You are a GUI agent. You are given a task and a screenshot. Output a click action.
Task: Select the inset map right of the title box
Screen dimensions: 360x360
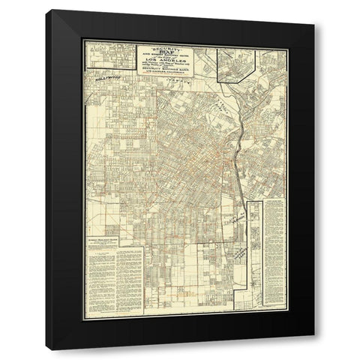tap(239, 64)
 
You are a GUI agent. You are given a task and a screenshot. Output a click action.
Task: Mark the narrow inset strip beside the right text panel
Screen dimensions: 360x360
tap(255, 247)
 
